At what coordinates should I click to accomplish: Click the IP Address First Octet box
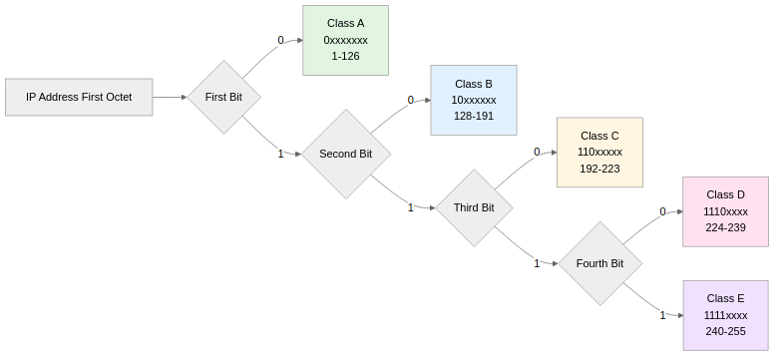pos(79,97)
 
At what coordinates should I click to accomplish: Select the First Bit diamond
pos(224,97)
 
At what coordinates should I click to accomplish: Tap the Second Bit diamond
pos(345,154)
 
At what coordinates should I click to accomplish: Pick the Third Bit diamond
pos(474,207)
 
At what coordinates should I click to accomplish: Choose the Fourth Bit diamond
pos(598,263)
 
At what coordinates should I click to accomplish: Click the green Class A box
pos(345,40)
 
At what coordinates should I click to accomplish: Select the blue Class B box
pos(473,100)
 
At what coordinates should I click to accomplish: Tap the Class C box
pos(599,152)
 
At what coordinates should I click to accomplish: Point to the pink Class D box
pos(725,211)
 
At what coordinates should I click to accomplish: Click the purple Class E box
pos(725,315)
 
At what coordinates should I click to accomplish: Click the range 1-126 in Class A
pos(345,57)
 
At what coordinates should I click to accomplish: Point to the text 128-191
pos(473,116)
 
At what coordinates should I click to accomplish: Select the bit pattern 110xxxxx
pos(599,152)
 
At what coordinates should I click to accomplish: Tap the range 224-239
pos(725,227)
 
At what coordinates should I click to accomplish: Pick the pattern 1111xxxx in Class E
pos(725,315)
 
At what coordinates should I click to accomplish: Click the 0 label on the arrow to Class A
pos(280,41)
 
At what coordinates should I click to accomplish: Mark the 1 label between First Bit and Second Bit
pos(280,154)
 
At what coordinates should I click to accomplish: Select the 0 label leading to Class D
pos(662,211)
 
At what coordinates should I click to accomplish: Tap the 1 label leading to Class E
pos(662,315)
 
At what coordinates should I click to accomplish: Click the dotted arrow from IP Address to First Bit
pos(171,97)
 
